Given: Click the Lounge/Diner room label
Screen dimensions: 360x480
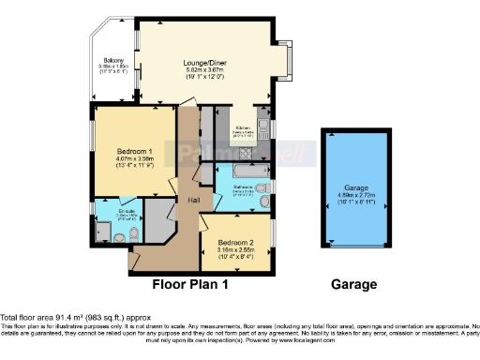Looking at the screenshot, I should click(202, 62).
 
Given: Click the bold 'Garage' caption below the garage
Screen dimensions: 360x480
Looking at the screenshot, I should click(353, 283).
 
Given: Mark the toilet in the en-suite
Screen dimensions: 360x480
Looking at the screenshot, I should click(137, 232).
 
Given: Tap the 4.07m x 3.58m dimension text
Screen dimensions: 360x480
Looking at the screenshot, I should click(134, 159).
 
